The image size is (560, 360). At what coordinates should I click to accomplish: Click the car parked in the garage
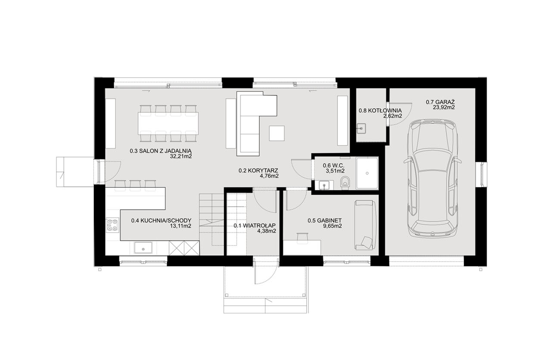tap(433, 178)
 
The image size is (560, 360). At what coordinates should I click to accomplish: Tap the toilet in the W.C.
tap(345, 182)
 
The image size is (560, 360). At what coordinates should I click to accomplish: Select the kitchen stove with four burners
tap(112, 225)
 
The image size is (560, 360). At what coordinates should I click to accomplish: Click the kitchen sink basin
tap(143, 248)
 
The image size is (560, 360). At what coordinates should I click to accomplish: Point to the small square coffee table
tap(277, 133)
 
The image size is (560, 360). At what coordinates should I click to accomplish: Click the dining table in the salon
tap(168, 124)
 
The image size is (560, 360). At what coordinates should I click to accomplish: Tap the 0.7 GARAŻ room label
tap(440, 102)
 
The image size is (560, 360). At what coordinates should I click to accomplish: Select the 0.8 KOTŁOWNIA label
tap(380, 111)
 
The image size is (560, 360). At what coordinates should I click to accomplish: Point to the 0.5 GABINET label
tap(325, 220)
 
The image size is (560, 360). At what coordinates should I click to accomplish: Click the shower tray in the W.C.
tap(367, 173)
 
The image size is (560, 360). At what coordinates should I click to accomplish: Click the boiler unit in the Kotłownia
tap(361, 128)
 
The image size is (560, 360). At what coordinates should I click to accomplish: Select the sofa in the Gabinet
tap(365, 225)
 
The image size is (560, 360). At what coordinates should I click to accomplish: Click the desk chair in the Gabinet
tap(302, 238)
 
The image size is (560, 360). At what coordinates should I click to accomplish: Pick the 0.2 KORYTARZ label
tap(258, 171)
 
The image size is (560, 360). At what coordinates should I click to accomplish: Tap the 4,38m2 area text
tap(267, 231)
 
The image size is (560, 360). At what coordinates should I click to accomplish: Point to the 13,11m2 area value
tap(181, 226)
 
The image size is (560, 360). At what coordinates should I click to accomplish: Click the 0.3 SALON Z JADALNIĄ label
tap(161, 151)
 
